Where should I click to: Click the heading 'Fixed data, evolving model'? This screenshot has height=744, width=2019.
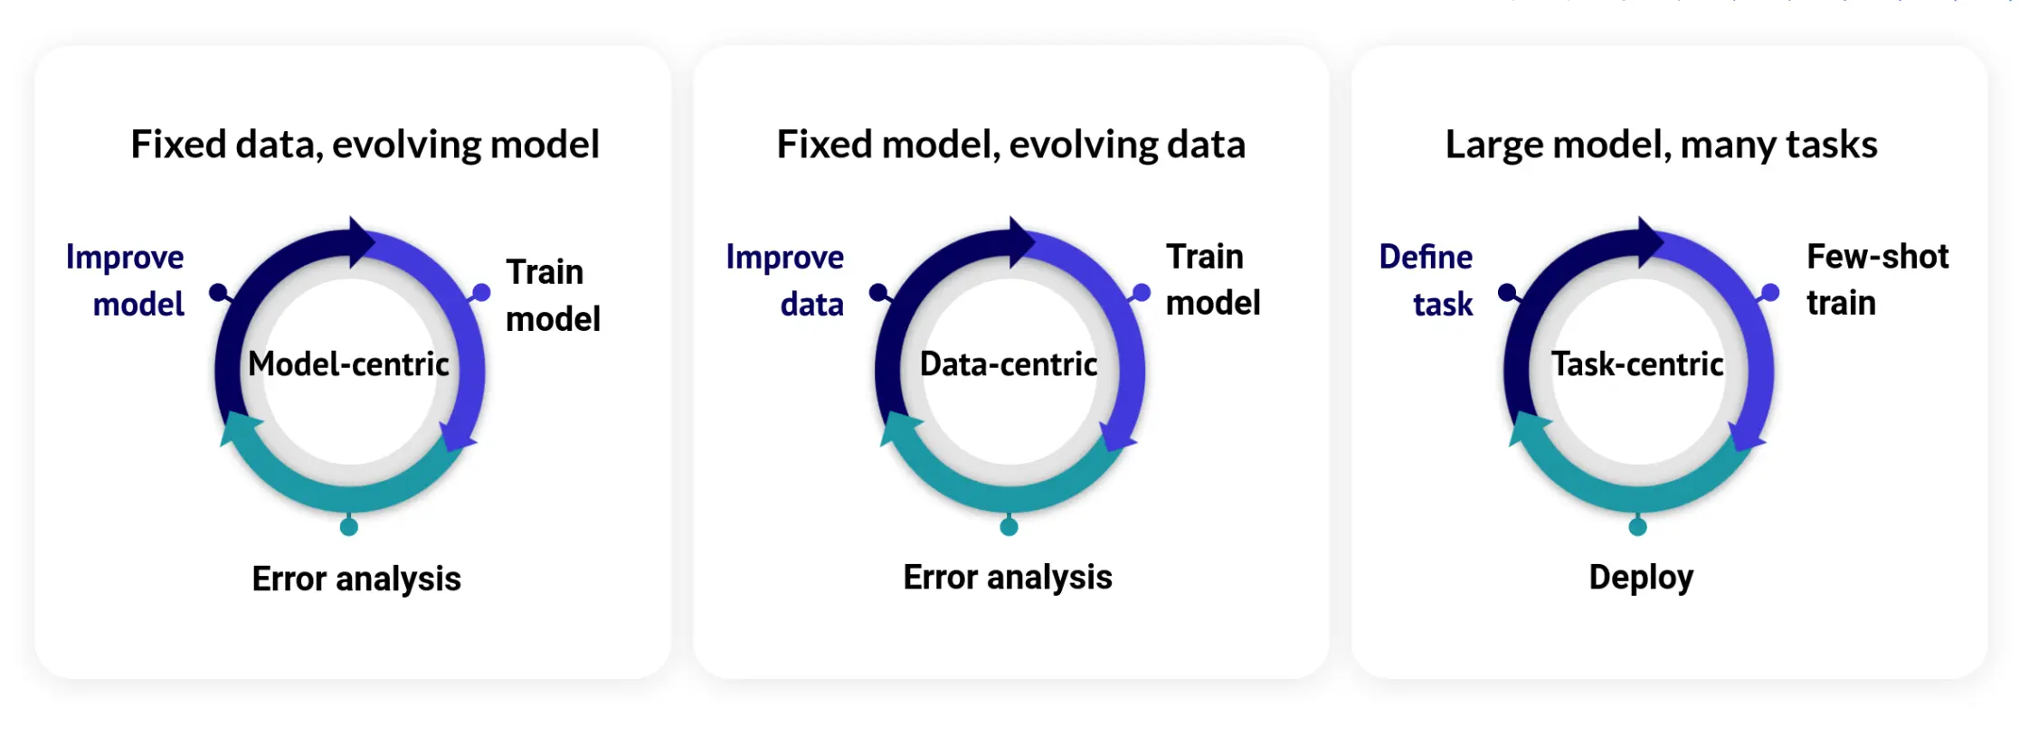[x=365, y=145]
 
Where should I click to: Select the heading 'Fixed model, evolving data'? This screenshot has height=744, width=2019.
[x=1010, y=145]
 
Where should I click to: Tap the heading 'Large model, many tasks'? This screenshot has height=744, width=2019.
[x=1661, y=145]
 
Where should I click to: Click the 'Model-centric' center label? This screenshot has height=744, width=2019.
[x=348, y=364]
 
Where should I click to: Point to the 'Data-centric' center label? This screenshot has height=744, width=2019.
[x=1009, y=364]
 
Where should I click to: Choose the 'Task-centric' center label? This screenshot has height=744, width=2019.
[x=1637, y=364]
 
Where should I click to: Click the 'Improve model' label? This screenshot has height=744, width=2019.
[x=127, y=280]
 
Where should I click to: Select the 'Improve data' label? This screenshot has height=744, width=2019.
[x=785, y=280]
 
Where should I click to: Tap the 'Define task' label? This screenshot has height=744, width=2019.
[x=1427, y=280]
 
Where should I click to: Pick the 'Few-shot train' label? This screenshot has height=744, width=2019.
[x=1876, y=279]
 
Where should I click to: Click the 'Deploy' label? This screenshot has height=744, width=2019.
[x=1641, y=578]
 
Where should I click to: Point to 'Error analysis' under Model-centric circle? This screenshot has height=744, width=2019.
[x=356, y=579]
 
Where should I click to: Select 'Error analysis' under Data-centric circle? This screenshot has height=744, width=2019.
[x=1008, y=578]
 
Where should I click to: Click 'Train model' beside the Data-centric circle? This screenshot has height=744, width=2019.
[x=1212, y=279]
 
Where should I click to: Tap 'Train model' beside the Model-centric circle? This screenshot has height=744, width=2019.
[x=553, y=295]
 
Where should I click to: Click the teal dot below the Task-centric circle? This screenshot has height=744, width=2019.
[x=1637, y=527]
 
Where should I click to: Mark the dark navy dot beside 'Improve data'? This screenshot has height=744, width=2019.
[x=877, y=292]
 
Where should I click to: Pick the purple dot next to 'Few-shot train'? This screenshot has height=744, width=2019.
[x=1770, y=292]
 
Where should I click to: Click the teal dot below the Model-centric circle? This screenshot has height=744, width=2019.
[x=349, y=527]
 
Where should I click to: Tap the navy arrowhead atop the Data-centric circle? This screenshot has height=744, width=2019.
[x=1022, y=242]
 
